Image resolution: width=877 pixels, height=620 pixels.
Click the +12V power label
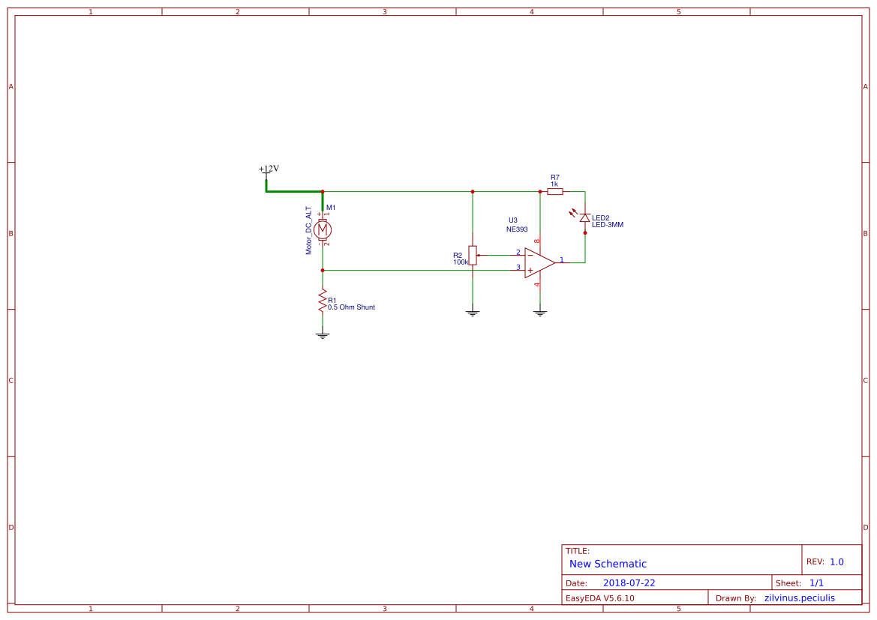point(269,169)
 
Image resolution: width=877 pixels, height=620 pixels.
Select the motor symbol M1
point(323,229)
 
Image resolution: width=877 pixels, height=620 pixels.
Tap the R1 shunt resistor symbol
point(323,301)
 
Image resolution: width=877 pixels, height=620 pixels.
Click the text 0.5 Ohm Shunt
point(351,307)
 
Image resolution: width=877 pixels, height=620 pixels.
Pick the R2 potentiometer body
point(473,255)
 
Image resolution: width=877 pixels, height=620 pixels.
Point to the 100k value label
point(461,262)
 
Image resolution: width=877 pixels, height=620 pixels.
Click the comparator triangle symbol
point(539,262)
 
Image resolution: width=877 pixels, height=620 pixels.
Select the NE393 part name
point(517,229)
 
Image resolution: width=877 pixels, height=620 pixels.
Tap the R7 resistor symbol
point(555,192)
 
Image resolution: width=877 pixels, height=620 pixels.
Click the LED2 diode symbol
point(585,217)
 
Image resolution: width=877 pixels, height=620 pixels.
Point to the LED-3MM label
point(608,225)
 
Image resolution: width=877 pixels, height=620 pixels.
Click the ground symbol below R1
point(323,335)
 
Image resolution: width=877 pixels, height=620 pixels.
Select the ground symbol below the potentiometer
point(473,313)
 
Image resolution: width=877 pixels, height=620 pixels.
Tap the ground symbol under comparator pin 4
point(540,313)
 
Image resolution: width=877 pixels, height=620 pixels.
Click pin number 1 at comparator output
point(562,259)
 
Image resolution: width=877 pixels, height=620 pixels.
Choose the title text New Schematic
point(608,564)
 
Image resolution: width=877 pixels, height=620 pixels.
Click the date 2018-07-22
point(629,583)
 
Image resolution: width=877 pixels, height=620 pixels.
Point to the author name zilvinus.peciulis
point(799,598)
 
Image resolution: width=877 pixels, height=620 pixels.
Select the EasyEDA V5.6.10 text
point(599,598)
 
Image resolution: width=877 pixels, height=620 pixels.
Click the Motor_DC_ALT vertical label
point(308,230)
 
